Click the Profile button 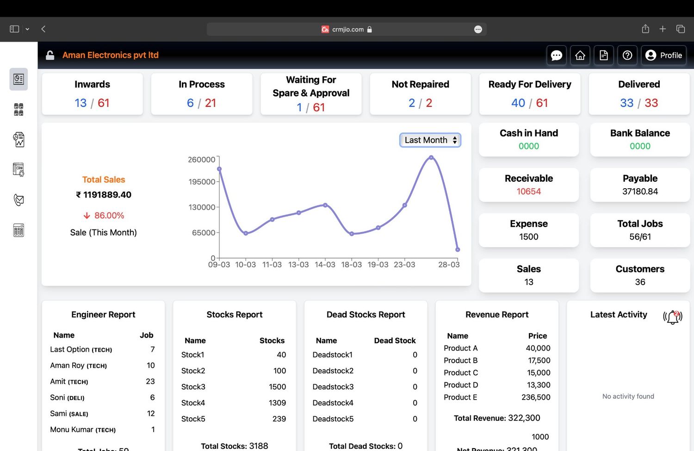click(663, 56)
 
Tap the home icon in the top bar click(580, 56)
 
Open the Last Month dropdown click(430, 140)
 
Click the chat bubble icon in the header click(557, 56)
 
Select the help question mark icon click(627, 56)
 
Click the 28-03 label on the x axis click(449, 265)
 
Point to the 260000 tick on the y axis click(201, 160)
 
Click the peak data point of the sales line click(431, 158)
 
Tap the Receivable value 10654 click(529, 192)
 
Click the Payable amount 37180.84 click(640, 192)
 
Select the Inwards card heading click(92, 84)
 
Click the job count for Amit click(150, 382)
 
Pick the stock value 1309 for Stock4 click(277, 403)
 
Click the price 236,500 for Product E click(536, 397)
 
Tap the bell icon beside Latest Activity click(673, 317)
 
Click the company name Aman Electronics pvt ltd click(111, 55)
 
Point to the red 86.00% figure click(109, 216)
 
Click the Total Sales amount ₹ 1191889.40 click(104, 195)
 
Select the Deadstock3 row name click(333, 387)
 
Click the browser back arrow click(43, 29)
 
